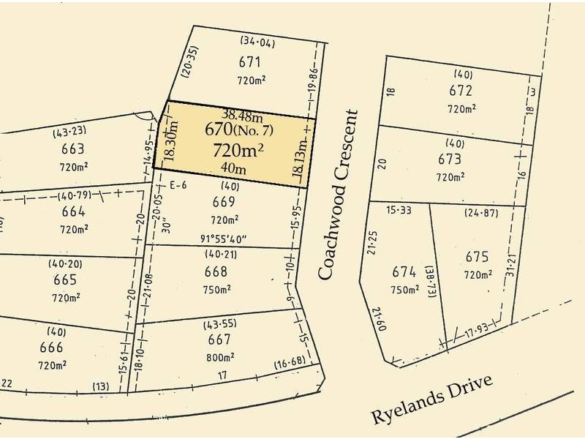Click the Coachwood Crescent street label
click(x=339, y=194)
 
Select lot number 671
click(x=249, y=61)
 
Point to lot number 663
click(x=72, y=149)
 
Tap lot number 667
click(x=219, y=339)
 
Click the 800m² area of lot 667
click(x=219, y=359)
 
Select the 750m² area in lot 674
click(x=404, y=290)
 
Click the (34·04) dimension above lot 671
click(x=257, y=42)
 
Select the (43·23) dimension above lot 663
click(x=69, y=132)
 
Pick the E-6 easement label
click(x=178, y=184)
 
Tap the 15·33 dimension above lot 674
click(x=398, y=211)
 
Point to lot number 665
click(x=65, y=280)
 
